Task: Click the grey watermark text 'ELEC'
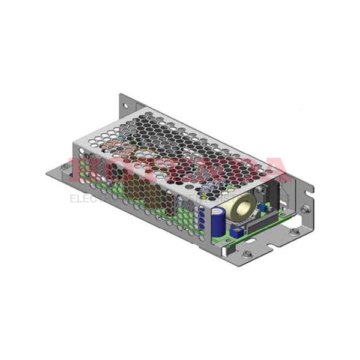pyautogui.click(x=81, y=199)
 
